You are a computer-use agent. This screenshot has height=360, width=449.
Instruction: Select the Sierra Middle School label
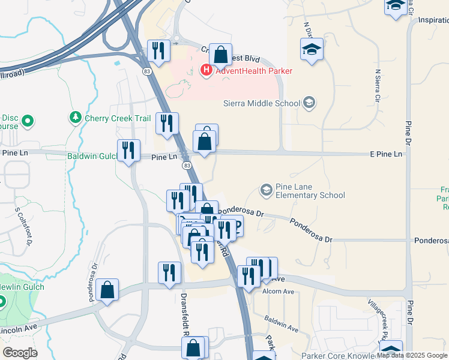(x=261, y=103)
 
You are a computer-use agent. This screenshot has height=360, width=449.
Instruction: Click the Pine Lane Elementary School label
(x=310, y=191)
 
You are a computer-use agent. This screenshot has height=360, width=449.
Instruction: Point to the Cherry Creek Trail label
(x=118, y=118)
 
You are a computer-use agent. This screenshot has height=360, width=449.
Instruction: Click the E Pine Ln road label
(x=386, y=154)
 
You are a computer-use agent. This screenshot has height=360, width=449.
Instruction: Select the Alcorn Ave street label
(x=278, y=292)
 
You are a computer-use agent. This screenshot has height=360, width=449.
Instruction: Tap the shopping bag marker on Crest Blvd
(x=220, y=55)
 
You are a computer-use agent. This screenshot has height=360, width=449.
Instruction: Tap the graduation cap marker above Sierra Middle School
(x=312, y=50)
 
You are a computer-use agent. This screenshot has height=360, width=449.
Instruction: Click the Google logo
(x=20, y=353)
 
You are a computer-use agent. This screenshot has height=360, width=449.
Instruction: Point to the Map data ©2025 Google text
(x=412, y=355)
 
